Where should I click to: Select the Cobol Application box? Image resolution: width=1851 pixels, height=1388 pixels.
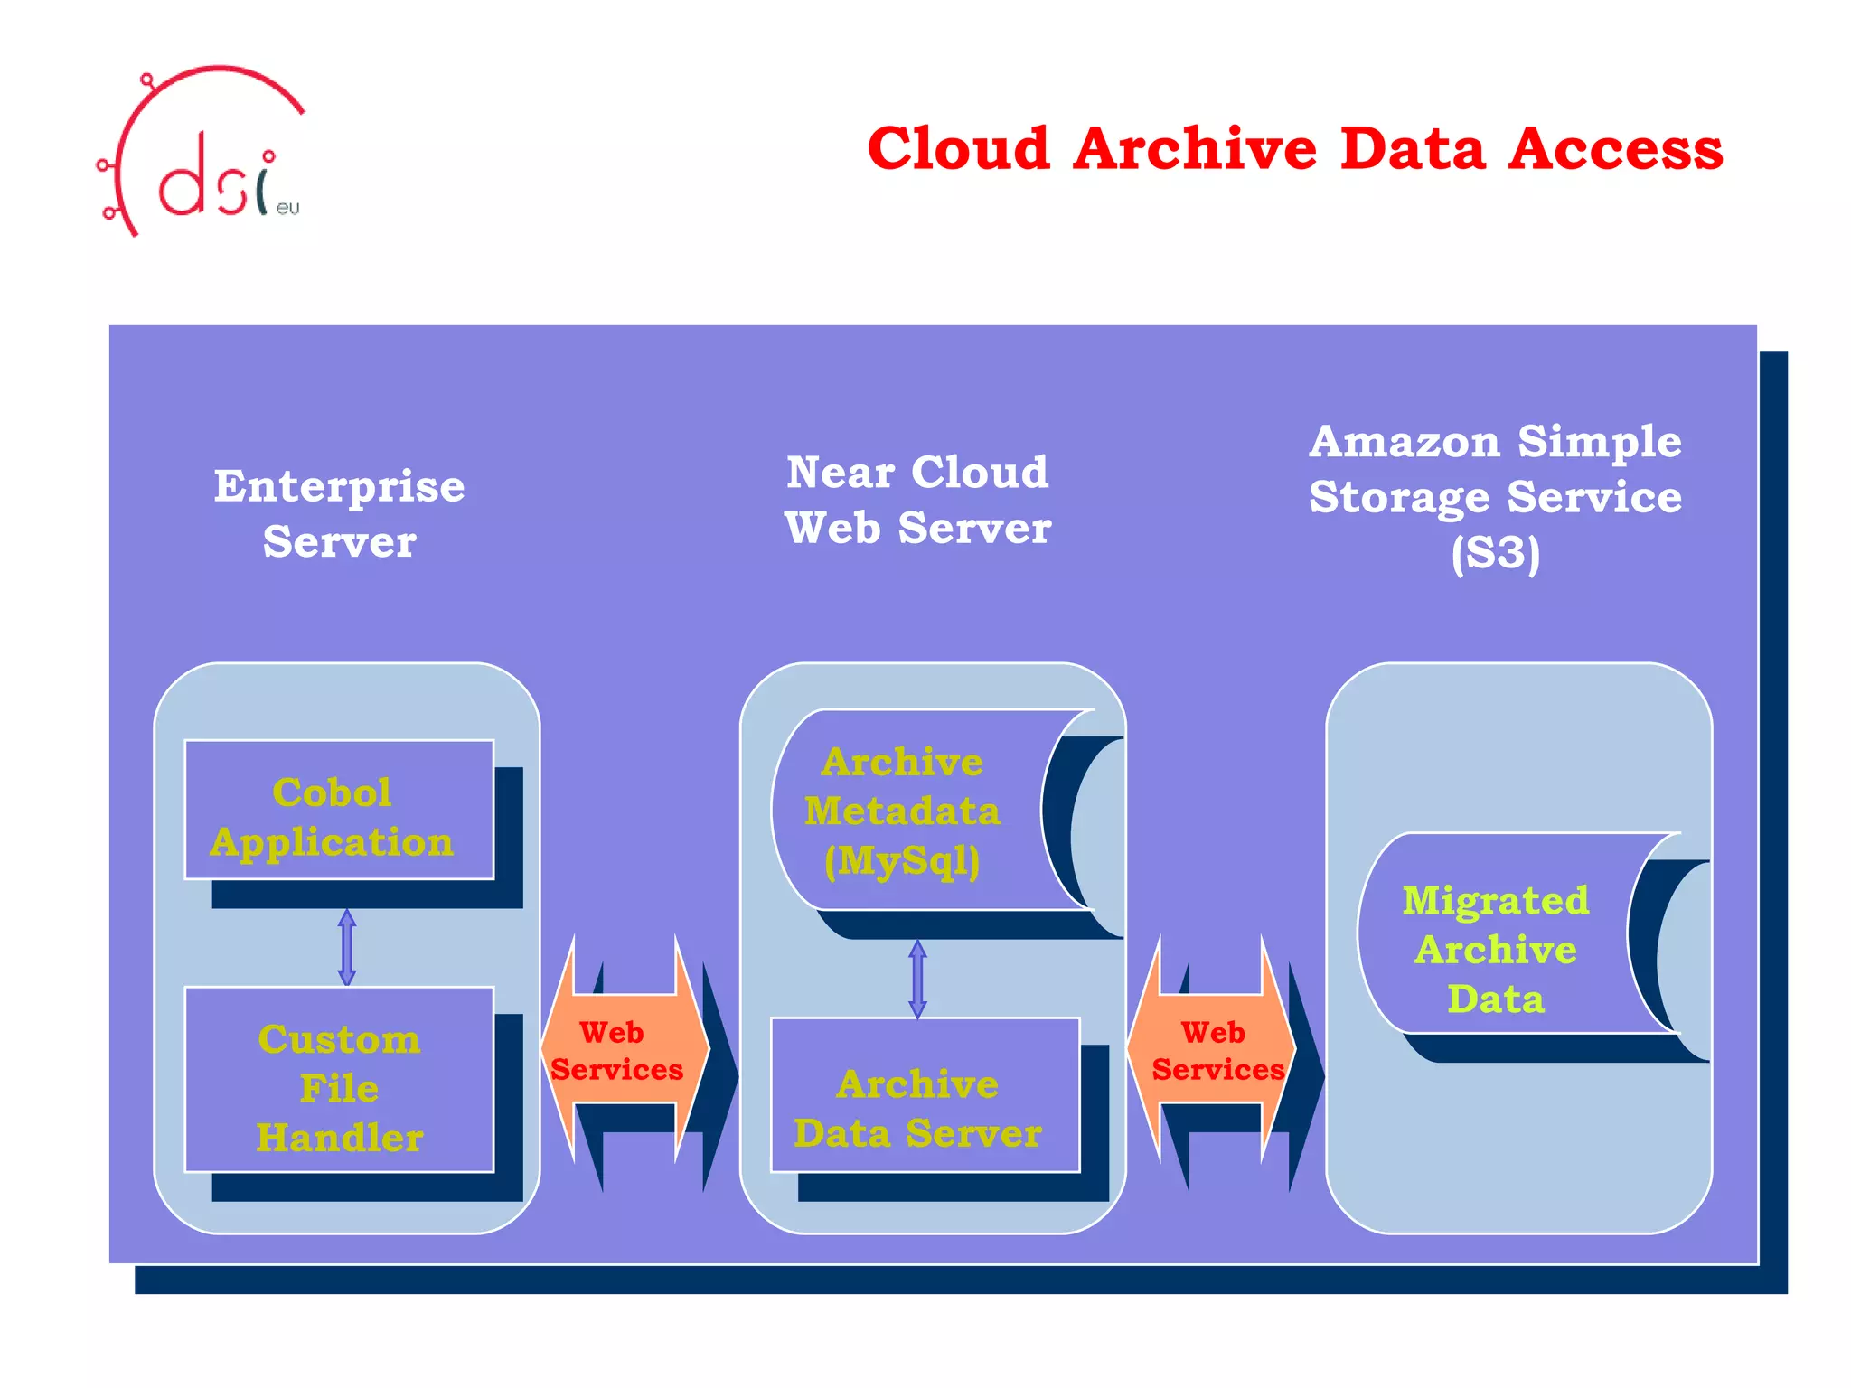pyautogui.click(x=339, y=810)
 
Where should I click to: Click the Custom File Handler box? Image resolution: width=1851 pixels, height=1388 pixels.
pyautogui.click(x=339, y=1079)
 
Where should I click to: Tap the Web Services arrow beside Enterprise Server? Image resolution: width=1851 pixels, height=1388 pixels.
pyautogui.click(x=624, y=1050)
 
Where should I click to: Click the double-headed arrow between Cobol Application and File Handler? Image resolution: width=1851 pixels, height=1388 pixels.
pyautogui.click(x=347, y=947)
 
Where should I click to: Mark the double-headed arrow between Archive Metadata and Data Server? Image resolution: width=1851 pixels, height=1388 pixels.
pyautogui.click(x=917, y=979)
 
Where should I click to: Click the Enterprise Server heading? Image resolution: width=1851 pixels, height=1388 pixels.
pyautogui.click(x=339, y=513)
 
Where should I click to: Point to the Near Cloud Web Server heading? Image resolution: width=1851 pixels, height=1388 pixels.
pyautogui.click(x=917, y=500)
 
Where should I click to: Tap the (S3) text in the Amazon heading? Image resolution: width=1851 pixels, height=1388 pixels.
pyautogui.click(x=1496, y=553)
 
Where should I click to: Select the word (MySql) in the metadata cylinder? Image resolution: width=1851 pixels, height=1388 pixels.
pyautogui.click(x=902, y=860)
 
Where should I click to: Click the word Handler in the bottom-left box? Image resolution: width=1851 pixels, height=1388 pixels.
pyautogui.click(x=339, y=1137)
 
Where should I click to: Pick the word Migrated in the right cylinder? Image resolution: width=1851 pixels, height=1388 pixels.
pyautogui.click(x=1496, y=901)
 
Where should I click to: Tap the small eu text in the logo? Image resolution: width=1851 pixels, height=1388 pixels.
pyautogui.click(x=287, y=208)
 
